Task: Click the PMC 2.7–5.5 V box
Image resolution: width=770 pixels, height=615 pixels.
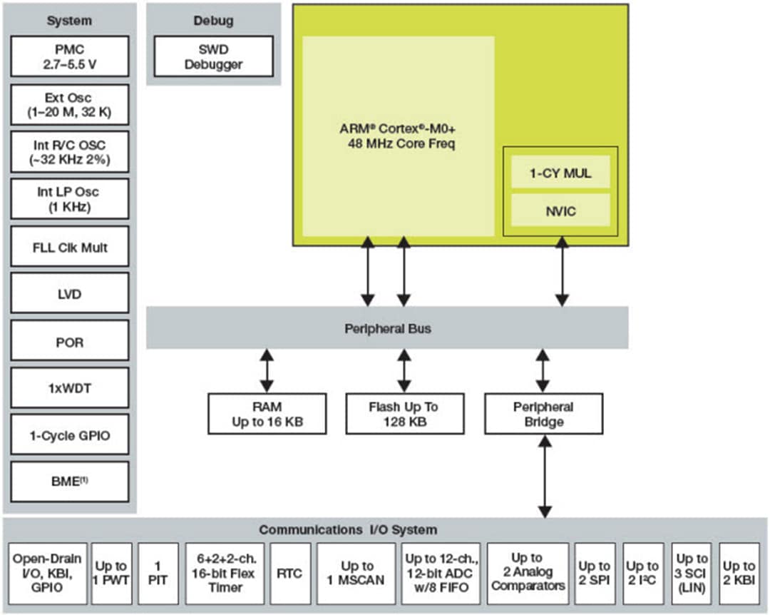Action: coord(70,56)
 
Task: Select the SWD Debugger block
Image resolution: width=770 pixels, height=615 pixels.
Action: coord(213,56)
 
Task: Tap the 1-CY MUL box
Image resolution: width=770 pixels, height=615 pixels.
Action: coord(560,173)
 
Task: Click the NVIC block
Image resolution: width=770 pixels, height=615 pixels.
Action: coord(560,210)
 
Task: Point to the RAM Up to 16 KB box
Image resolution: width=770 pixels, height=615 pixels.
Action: coord(267,414)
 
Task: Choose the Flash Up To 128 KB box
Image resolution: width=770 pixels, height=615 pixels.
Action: coord(404,414)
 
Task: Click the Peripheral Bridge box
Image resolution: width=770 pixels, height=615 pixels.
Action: coord(543,414)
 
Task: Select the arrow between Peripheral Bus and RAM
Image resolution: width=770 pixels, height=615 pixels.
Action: coord(267,370)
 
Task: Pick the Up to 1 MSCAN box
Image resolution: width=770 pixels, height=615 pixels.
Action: coord(356,574)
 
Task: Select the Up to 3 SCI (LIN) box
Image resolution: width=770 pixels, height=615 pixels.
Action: coord(692,574)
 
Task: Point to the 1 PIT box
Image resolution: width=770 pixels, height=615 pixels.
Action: coord(158,574)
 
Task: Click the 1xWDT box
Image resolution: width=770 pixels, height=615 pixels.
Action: coord(70,387)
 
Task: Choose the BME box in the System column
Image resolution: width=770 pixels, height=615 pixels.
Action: coord(70,481)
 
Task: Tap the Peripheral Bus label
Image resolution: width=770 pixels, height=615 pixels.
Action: coord(387,329)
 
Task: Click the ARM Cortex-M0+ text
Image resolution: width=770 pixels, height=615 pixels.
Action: coord(398,129)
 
